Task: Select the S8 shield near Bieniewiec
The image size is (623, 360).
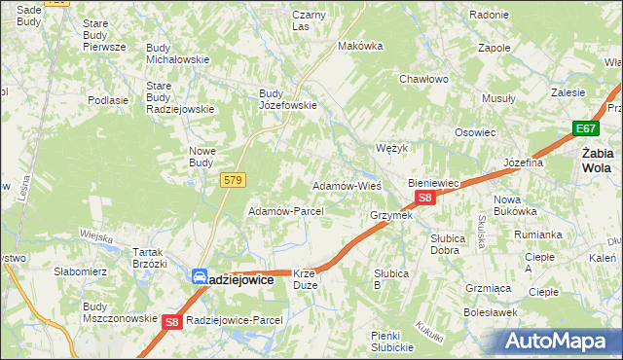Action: click(x=424, y=198)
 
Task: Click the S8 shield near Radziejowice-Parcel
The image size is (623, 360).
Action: click(x=172, y=321)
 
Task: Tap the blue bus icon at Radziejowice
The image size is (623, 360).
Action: click(x=199, y=277)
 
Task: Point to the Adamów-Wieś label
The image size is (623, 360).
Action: click(x=346, y=185)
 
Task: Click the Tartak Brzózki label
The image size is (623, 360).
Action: click(x=150, y=258)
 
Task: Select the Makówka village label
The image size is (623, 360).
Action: click(x=357, y=46)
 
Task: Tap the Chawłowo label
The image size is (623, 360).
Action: click(x=423, y=80)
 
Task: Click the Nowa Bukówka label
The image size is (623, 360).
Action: click(x=515, y=205)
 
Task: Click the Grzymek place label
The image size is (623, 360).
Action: click(x=391, y=215)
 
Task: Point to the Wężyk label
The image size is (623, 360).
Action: click(x=390, y=149)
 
